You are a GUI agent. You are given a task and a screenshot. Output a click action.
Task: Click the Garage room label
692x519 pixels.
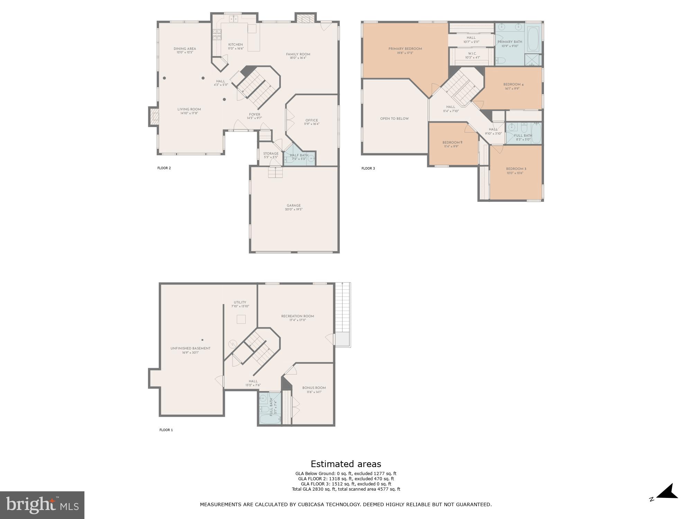[293, 205]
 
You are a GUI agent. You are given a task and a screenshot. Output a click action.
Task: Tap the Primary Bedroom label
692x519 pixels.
[405, 49]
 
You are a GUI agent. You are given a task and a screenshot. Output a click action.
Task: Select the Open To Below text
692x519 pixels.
[394, 119]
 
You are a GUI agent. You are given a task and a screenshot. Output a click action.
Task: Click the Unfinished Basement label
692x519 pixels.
[190, 348]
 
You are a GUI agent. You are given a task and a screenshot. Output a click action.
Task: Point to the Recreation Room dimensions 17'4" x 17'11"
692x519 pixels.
[298, 320]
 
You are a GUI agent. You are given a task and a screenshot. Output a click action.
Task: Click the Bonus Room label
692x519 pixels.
[314, 388]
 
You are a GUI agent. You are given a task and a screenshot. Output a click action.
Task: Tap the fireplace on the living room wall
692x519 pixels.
[154, 117]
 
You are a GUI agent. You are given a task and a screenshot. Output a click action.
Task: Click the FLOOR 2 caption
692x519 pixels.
[164, 168]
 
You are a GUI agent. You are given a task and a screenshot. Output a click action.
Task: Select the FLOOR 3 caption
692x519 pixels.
[368, 169]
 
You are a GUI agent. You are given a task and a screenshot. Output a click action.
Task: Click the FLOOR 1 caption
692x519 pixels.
[166, 430]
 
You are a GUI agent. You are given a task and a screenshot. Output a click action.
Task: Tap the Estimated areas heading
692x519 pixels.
[346, 464]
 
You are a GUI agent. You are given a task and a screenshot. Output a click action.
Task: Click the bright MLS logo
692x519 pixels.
[42, 505]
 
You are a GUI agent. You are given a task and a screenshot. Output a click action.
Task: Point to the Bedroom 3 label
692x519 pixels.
[516, 169]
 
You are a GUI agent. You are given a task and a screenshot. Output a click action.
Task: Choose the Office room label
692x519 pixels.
[311, 120]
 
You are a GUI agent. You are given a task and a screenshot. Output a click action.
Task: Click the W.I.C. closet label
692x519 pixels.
[472, 54]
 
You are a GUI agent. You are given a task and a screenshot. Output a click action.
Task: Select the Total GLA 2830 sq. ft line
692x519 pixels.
[346, 489]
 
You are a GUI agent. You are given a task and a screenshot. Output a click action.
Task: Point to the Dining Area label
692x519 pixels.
[185, 49]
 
